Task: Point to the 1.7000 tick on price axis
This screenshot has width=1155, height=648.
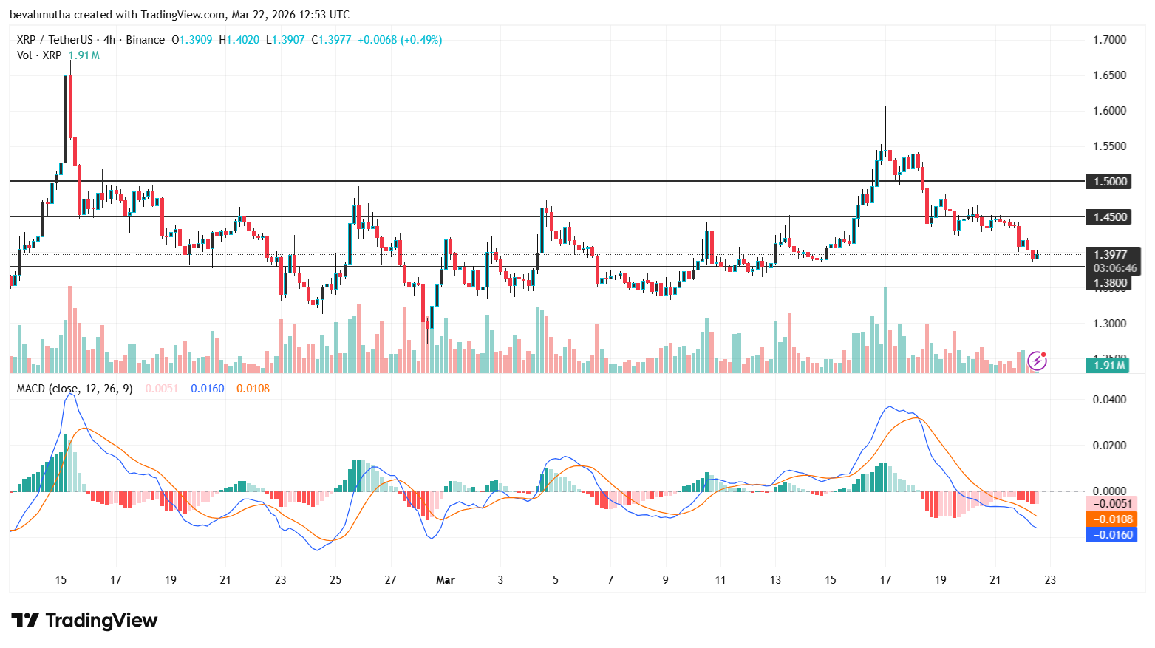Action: tap(1109, 39)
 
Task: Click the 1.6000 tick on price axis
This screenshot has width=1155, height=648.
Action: tap(1109, 111)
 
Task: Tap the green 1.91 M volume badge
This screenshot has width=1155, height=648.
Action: tap(1108, 365)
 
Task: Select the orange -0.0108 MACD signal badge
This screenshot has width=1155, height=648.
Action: tap(1111, 519)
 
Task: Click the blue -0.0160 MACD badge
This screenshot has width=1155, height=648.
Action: tap(1111, 535)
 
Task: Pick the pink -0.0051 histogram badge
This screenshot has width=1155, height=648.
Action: tap(1111, 504)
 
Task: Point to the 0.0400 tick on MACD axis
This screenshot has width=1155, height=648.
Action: tap(1109, 400)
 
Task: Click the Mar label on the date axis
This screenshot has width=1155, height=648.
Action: tap(446, 580)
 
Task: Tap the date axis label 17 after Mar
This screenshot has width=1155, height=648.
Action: tap(885, 580)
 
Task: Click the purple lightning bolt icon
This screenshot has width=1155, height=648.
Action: tap(1038, 361)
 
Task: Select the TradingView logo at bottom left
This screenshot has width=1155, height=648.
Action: tap(84, 620)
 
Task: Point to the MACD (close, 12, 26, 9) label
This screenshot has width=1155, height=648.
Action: tap(75, 389)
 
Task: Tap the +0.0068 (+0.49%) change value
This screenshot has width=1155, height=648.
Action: tap(400, 40)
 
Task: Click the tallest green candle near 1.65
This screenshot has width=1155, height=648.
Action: tap(66, 118)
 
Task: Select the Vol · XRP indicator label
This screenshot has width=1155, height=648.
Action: tap(39, 55)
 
